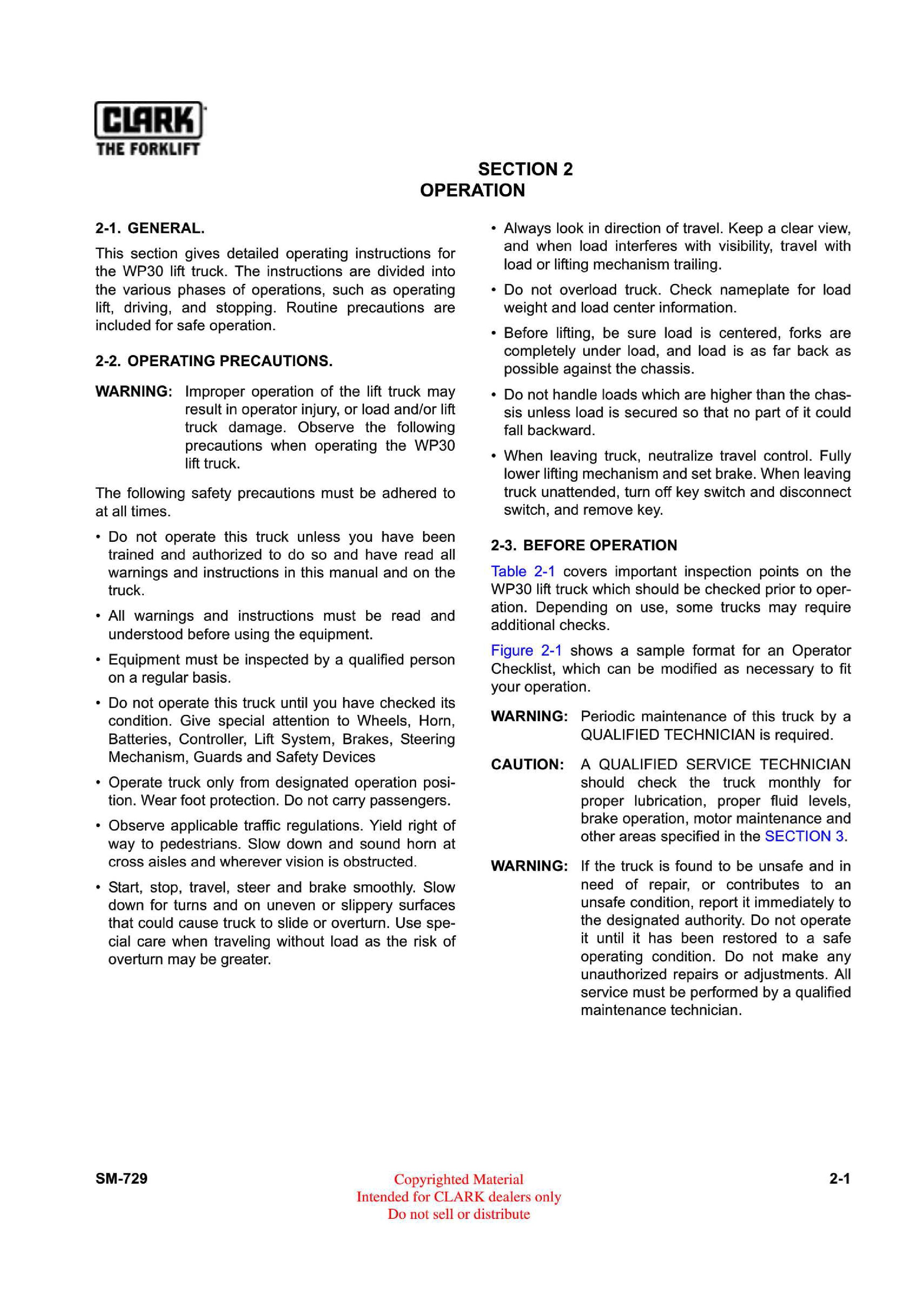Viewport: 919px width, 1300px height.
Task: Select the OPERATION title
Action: pos(472,190)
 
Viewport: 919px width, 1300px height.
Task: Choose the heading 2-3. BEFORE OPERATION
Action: pos(583,545)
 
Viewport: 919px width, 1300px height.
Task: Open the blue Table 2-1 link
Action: pos(522,571)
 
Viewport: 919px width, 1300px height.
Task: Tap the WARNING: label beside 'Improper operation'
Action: pos(133,391)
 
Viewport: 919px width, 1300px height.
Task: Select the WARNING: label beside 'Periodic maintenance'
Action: pos(529,716)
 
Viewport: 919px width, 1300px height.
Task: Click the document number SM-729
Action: pos(121,1178)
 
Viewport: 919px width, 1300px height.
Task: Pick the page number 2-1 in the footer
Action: pos(840,1179)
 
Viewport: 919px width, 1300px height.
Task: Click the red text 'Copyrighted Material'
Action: pos(459,1180)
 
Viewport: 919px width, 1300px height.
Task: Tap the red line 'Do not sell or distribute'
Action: pos(459,1214)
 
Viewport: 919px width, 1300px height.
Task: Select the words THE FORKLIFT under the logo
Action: pos(148,149)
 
